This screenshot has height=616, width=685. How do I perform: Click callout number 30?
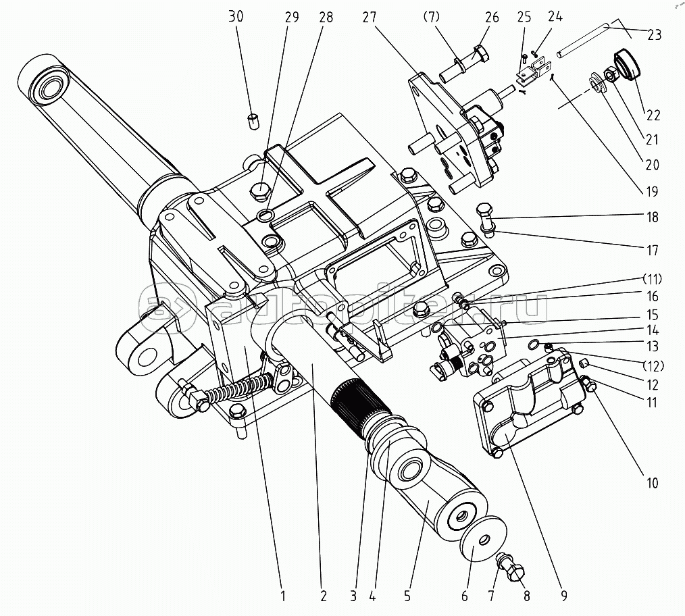point(236,17)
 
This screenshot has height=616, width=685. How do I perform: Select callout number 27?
point(370,17)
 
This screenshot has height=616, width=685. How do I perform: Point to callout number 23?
point(654,34)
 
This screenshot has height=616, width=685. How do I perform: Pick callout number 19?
point(651,191)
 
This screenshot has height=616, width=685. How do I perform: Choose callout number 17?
point(652,250)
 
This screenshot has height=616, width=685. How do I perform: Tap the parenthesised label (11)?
point(653,279)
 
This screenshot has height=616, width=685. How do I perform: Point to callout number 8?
point(527,596)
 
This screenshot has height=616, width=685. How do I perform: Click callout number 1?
point(283,596)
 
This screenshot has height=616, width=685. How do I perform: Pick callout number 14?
point(653,331)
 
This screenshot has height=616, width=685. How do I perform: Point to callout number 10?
point(651,483)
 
